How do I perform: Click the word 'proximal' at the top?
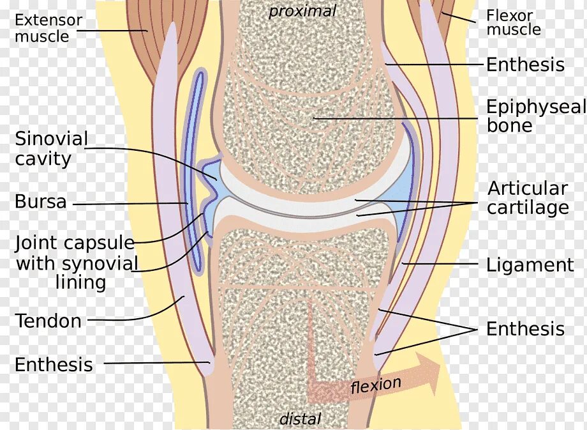[x=302, y=11]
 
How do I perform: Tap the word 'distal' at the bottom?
[x=301, y=419]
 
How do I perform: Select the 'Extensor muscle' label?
[x=48, y=27]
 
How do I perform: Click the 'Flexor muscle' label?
[x=513, y=22]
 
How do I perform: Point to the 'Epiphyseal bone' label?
[x=535, y=116]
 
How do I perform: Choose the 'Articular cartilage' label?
[x=528, y=198]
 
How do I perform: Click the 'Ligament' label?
[x=530, y=265]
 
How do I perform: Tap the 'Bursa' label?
[x=41, y=202]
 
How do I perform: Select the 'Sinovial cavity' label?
[x=51, y=148]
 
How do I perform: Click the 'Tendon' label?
[x=48, y=321]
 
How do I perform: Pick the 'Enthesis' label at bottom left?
[x=54, y=365]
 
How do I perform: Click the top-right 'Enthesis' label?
[x=525, y=65]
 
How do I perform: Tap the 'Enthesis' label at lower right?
[x=525, y=329]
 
